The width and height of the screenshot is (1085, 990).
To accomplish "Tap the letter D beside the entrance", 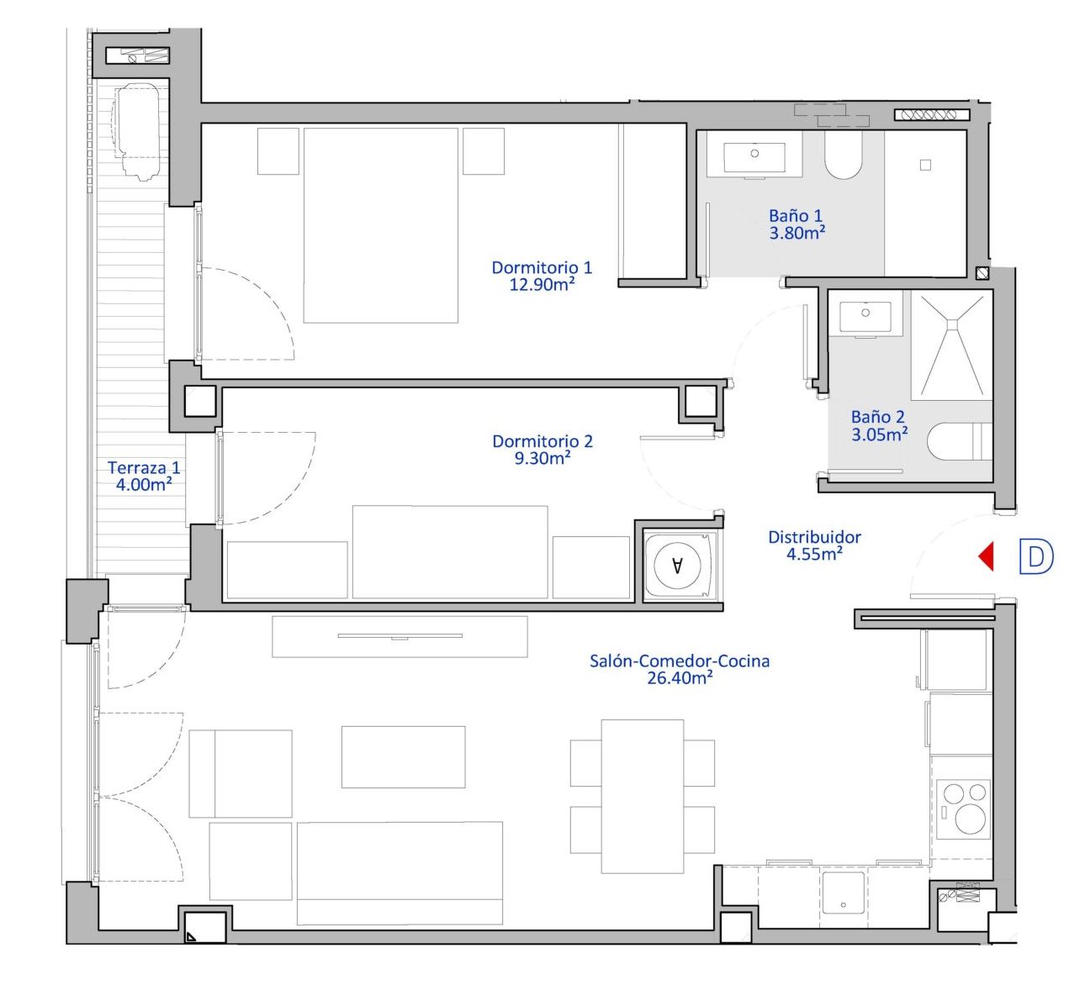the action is click(x=1035, y=556).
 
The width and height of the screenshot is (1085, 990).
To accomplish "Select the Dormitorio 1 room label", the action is click(x=542, y=267).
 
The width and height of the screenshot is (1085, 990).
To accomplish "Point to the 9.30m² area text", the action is click(x=542, y=459).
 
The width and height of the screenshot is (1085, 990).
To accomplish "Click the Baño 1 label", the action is click(x=796, y=216).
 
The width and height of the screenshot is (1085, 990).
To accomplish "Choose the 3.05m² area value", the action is click(x=880, y=434).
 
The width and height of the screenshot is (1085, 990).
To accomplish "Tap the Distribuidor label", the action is click(x=814, y=537).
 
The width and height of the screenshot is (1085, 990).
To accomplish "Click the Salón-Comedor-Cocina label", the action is click(x=680, y=661).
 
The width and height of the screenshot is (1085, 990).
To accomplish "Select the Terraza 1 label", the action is click(x=144, y=467).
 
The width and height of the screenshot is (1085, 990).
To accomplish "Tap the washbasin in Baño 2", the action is click(x=865, y=317).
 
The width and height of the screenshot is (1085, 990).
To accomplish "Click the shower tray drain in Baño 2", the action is click(x=952, y=324).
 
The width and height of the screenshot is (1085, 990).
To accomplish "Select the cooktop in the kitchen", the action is click(x=964, y=808).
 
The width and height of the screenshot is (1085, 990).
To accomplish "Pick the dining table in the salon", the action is click(x=643, y=797).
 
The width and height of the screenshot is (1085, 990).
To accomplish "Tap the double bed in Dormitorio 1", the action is click(x=381, y=225).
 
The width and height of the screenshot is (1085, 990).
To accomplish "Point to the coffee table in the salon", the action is click(x=404, y=757).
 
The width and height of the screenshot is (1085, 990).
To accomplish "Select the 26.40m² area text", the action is click(x=680, y=678).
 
